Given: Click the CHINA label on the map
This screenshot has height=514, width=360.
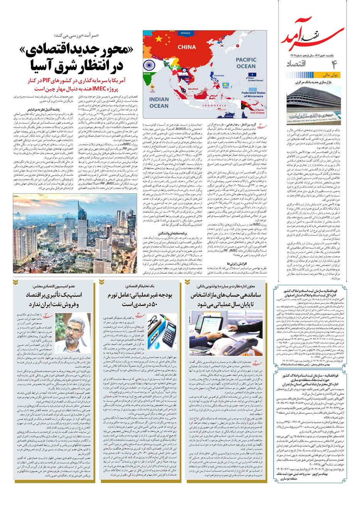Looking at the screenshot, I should [187, 47].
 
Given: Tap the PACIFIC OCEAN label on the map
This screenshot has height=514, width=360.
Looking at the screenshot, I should [246, 63].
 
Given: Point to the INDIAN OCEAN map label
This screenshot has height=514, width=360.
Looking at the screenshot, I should [159, 102].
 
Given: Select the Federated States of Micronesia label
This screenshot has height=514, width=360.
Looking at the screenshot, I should [253, 94].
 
